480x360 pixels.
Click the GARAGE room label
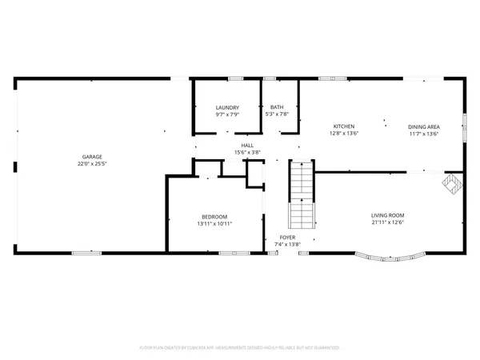(x=90, y=157)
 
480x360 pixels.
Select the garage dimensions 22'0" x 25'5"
(x=90, y=164)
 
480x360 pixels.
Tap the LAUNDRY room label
(x=227, y=107)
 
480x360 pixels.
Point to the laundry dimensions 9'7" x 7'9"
(x=227, y=114)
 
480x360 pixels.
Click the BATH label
(x=276, y=107)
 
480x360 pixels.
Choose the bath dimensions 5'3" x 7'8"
(x=276, y=114)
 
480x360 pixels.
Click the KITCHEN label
(x=344, y=126)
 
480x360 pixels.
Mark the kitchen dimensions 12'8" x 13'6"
(x=344, y=134)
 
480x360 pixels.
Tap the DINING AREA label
(x=423, y=126)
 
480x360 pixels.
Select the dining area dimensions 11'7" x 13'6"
(x=423, y=134)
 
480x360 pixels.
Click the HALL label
(x=247, y=145)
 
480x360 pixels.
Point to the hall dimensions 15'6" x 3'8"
(x=247, y=152)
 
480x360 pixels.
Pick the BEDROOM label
(x=214, y=217)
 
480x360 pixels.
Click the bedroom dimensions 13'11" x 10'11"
(x=214, y=224)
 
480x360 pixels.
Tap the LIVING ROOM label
(x=387, y=214)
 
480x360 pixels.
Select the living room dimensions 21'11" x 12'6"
(x=387, y=222)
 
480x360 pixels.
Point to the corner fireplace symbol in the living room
(x=452, y=183)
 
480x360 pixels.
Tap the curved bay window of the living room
(x=390, y=258)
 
